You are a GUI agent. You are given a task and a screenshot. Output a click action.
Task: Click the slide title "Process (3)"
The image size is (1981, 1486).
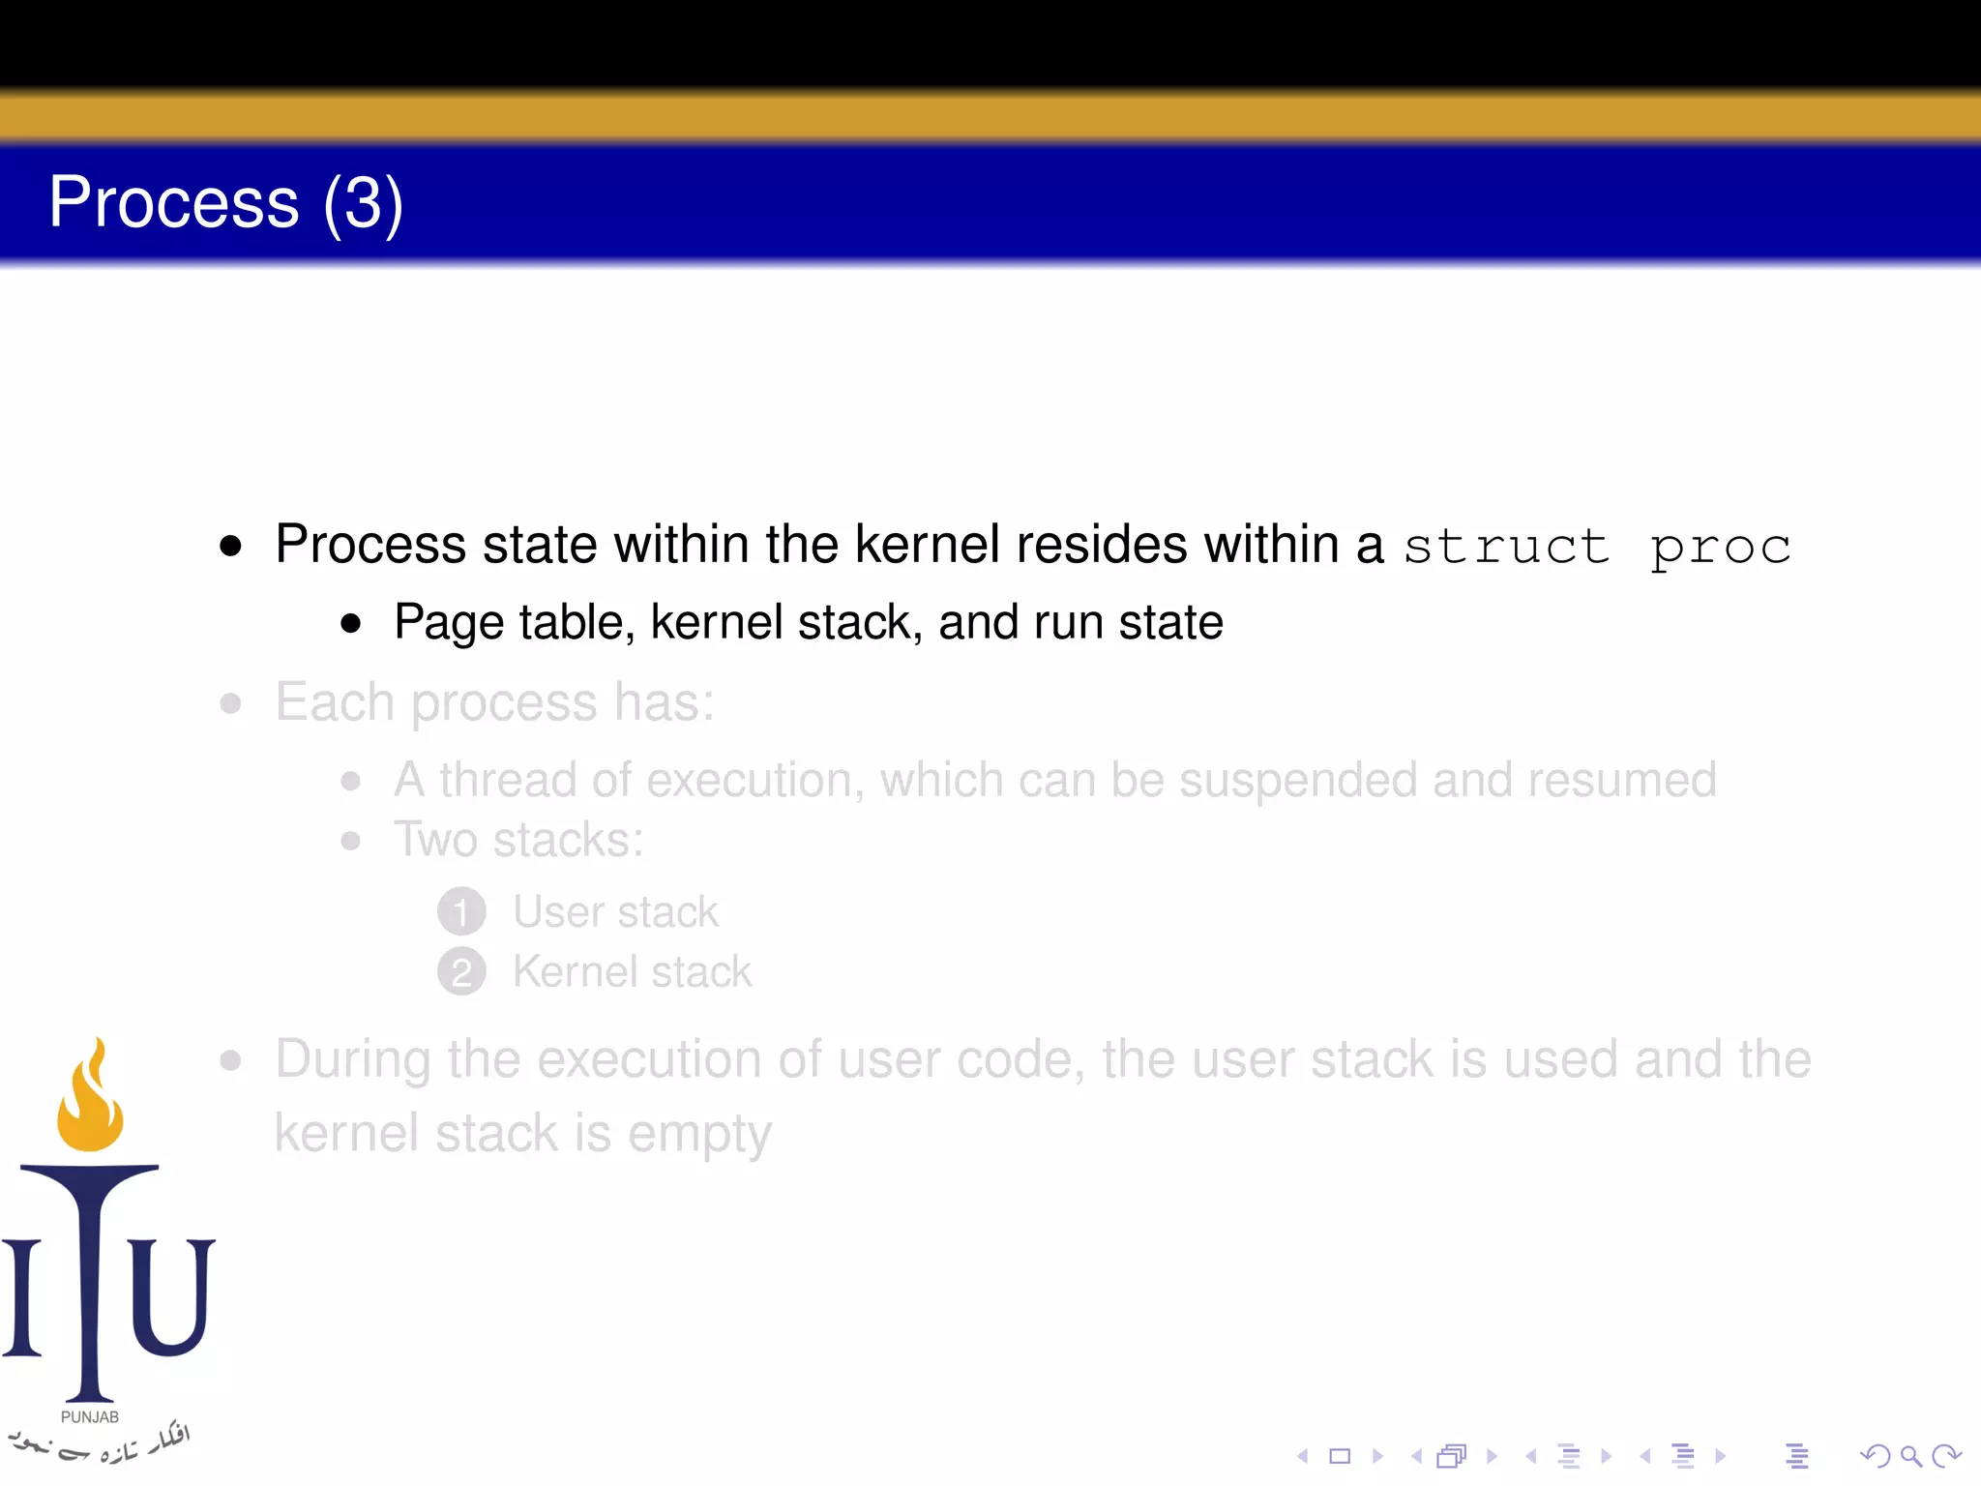tap(225, 203)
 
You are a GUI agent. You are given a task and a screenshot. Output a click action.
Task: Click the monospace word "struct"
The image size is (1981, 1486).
tap(1505, 547)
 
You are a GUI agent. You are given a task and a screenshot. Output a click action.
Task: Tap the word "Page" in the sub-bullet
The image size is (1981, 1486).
tap(448, 623)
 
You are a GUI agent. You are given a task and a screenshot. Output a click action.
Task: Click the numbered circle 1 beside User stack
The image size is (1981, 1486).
tap(461, 912)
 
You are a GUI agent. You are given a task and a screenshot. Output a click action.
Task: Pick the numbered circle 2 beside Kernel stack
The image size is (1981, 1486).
tap(461, 972)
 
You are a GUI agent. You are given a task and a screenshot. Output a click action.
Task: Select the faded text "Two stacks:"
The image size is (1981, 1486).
tap(518, 840)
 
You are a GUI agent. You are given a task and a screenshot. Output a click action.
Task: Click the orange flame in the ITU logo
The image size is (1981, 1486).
tap(90, 1098)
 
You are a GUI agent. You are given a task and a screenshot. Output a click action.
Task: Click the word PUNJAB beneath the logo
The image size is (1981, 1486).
tap(90, 1417)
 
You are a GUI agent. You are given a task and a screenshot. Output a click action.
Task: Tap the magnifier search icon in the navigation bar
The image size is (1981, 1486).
tap(1909, 1455)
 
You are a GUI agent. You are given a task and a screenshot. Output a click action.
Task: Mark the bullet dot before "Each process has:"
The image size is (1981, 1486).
tap(230, 703)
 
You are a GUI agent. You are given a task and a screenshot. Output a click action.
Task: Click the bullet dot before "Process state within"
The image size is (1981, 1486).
tap(230, 546)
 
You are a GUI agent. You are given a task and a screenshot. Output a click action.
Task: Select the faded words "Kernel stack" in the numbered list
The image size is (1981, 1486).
tap(632, 972)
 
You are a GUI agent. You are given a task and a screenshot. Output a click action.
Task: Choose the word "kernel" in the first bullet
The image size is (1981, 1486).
tap(928, 544)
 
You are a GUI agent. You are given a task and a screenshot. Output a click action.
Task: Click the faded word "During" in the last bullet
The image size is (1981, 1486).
tap(352, 1059)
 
